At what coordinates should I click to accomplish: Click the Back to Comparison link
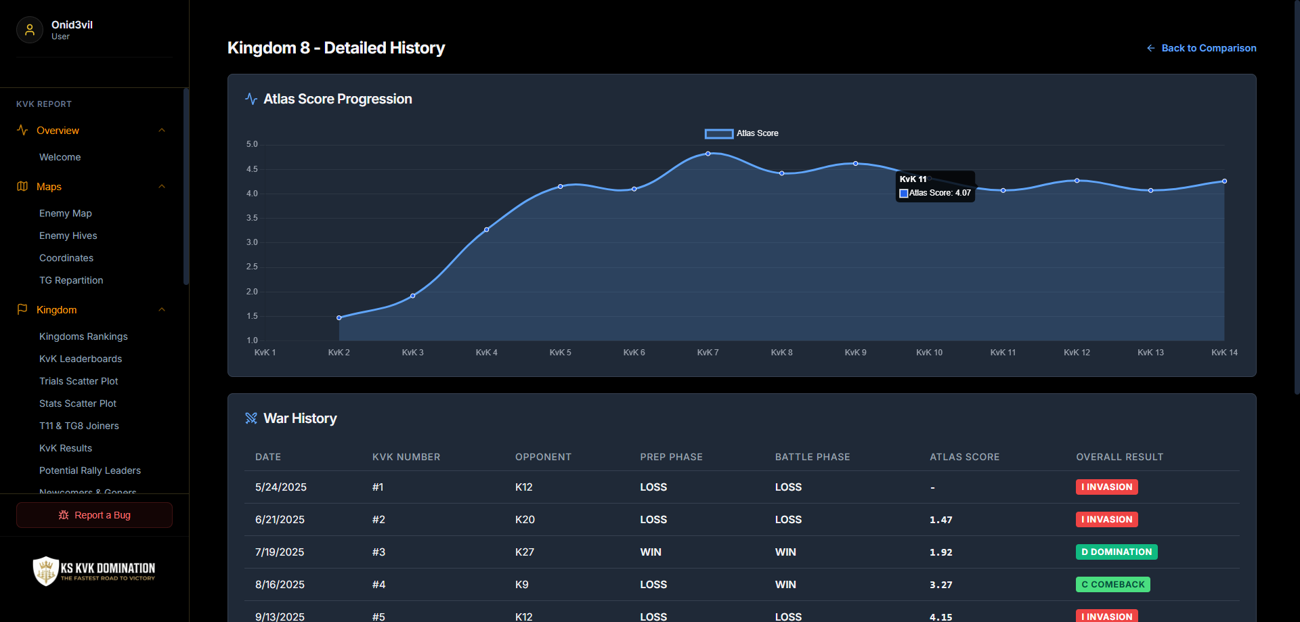(1201, 48)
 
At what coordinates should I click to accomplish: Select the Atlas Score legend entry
(741, 133)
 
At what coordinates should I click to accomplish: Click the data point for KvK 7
(708, 154)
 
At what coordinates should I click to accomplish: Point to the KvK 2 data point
(339, 317)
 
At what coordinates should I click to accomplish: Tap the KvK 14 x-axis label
(1224, 353)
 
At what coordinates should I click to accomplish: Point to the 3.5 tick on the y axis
(252, 218)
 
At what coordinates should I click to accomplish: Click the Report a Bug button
(94, 515)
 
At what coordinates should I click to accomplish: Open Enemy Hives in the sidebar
(68, 236)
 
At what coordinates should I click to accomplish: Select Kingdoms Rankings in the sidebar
(83, 336)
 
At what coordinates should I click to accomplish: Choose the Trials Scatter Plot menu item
(79, 381)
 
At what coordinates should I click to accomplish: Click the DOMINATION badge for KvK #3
(1117, 552)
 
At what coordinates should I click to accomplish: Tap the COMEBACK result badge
(1113, 585)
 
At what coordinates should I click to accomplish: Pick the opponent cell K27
(525, 552)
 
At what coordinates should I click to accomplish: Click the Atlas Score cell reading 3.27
(941, 585)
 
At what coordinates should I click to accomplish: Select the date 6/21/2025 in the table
(280, 520)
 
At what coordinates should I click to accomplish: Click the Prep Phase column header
(672, 457)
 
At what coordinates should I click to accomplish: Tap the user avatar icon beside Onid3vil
(30, 30)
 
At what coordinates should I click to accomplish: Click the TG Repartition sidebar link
(71, 280)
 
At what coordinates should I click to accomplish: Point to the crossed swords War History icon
(251, 418)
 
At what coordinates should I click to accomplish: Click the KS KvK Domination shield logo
(45, 571)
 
